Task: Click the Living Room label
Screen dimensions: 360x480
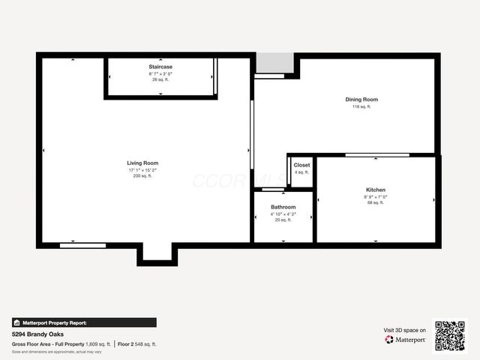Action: (x=142, y=163)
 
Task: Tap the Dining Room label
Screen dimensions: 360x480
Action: (x=361, y=100)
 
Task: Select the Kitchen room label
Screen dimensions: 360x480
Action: (x=376, y=190)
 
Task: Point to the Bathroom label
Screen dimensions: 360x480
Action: (x=283, y=207)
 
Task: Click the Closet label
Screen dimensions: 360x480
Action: (x=301, y=165)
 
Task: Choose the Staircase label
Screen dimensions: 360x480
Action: (x=160, y=67)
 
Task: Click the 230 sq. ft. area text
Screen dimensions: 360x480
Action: (x=142, y=176)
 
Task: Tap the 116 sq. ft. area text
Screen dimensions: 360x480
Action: (x=361, y=107)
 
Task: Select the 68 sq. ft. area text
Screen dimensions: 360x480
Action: (x=376, y=202)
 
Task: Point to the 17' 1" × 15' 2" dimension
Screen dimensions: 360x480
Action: (x=142, y=170)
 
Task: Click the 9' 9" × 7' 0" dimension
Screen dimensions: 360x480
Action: (x=376, y=196)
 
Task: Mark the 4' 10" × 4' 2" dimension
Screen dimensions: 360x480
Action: (x=283, y=214)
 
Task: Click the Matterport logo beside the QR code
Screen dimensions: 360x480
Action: (x=406, y=340)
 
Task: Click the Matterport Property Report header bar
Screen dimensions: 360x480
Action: (x=84, y=322)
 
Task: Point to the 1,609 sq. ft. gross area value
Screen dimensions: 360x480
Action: (x=98, y=344)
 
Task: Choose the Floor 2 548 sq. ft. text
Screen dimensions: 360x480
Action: (x=137, y=344)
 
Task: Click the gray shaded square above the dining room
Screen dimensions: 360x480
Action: (x=274, y=63)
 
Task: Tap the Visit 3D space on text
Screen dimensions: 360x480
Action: (x=405, y=330)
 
